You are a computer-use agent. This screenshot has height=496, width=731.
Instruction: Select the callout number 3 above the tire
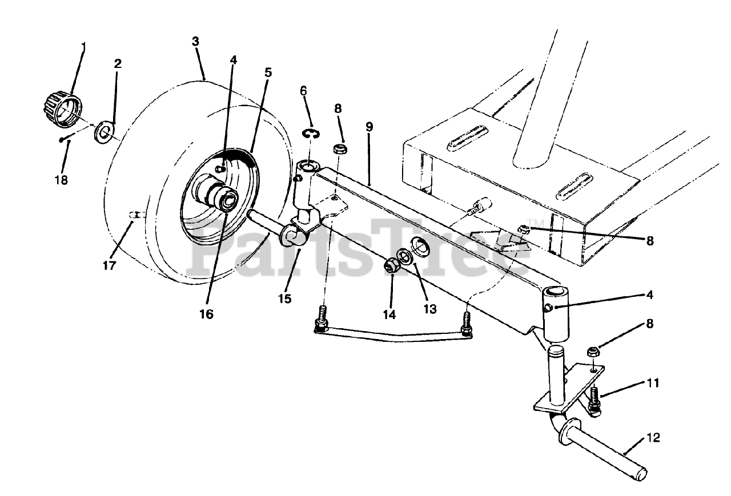[x=195, y=41]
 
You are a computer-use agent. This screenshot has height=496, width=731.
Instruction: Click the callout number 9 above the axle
[x=369, y=127]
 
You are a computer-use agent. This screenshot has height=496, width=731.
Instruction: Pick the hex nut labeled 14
[x=391, y=265]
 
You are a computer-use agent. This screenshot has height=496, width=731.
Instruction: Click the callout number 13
[x=429, y=309]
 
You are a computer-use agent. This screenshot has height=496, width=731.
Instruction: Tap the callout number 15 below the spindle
[x=284, y=298]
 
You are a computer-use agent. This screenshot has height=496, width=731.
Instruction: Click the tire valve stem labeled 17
[x=135, y=215]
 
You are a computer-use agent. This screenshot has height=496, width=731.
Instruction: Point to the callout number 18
[x=61, y=180]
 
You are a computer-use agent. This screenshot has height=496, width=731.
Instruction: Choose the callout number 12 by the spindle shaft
[x=654, y=438]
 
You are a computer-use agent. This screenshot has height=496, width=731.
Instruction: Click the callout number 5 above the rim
[x=268, y=72]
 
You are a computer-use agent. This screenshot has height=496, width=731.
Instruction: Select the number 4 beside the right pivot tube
[x=649, y=295]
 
